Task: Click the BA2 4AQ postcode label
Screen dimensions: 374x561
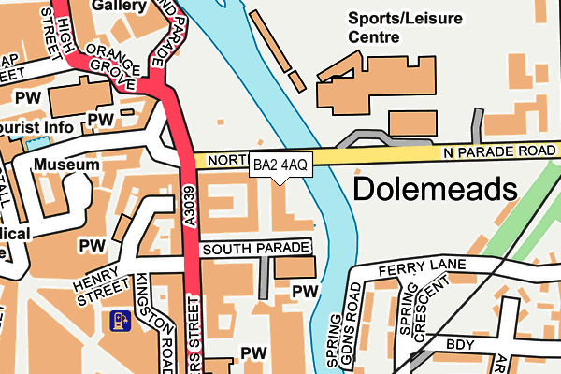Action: coord(280,165)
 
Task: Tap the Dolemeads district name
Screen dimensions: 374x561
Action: coord(435,191)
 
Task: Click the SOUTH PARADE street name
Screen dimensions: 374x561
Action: coord(255,249)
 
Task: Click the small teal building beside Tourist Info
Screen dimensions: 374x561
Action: coord(36,145)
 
